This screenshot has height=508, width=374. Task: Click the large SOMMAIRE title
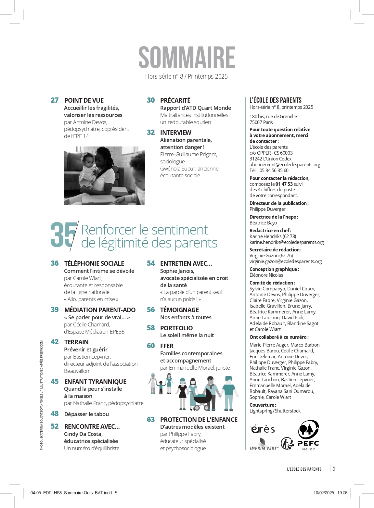point(187,57)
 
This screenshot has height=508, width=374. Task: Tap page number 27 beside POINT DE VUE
point(55,100)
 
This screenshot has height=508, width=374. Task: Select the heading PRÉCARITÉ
point(175,100)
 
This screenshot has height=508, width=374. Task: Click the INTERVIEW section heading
point(176,133)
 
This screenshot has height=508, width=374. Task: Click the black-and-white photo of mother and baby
point(104,175)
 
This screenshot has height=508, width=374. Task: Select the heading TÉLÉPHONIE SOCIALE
point(94,263)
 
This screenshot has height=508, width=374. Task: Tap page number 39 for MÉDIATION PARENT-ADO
point(55,310)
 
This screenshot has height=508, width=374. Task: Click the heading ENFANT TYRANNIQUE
point(95,382)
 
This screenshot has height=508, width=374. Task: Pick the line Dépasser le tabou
point(86,414)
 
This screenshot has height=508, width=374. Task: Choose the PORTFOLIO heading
point(176,328)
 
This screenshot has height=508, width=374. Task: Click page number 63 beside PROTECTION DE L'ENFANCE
point(151,420)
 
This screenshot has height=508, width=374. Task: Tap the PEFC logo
point(308,435)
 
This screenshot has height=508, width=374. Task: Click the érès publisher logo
point(263,429)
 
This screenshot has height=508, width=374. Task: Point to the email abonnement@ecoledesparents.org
point(285,165)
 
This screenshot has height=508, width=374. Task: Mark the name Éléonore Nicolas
point(266,275)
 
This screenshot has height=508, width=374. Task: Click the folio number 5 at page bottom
point(334,468)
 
